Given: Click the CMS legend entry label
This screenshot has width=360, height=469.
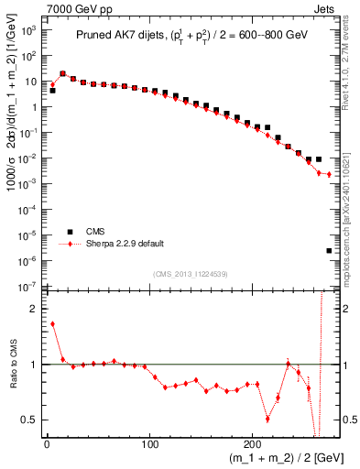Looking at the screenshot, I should tap(95, 233).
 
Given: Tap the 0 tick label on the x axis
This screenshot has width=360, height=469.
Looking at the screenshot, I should tap(47, 444).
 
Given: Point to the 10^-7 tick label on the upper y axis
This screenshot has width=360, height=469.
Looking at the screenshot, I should tap(29, 287).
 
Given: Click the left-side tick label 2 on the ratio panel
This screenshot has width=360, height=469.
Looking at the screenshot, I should tap(34, 309).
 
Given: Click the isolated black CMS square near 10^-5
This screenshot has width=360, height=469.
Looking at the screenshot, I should tap(329, 250).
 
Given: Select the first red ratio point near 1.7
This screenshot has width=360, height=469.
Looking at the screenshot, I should tap(52, 323).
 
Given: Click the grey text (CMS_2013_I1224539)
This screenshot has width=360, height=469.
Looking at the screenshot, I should tap(190, 273).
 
